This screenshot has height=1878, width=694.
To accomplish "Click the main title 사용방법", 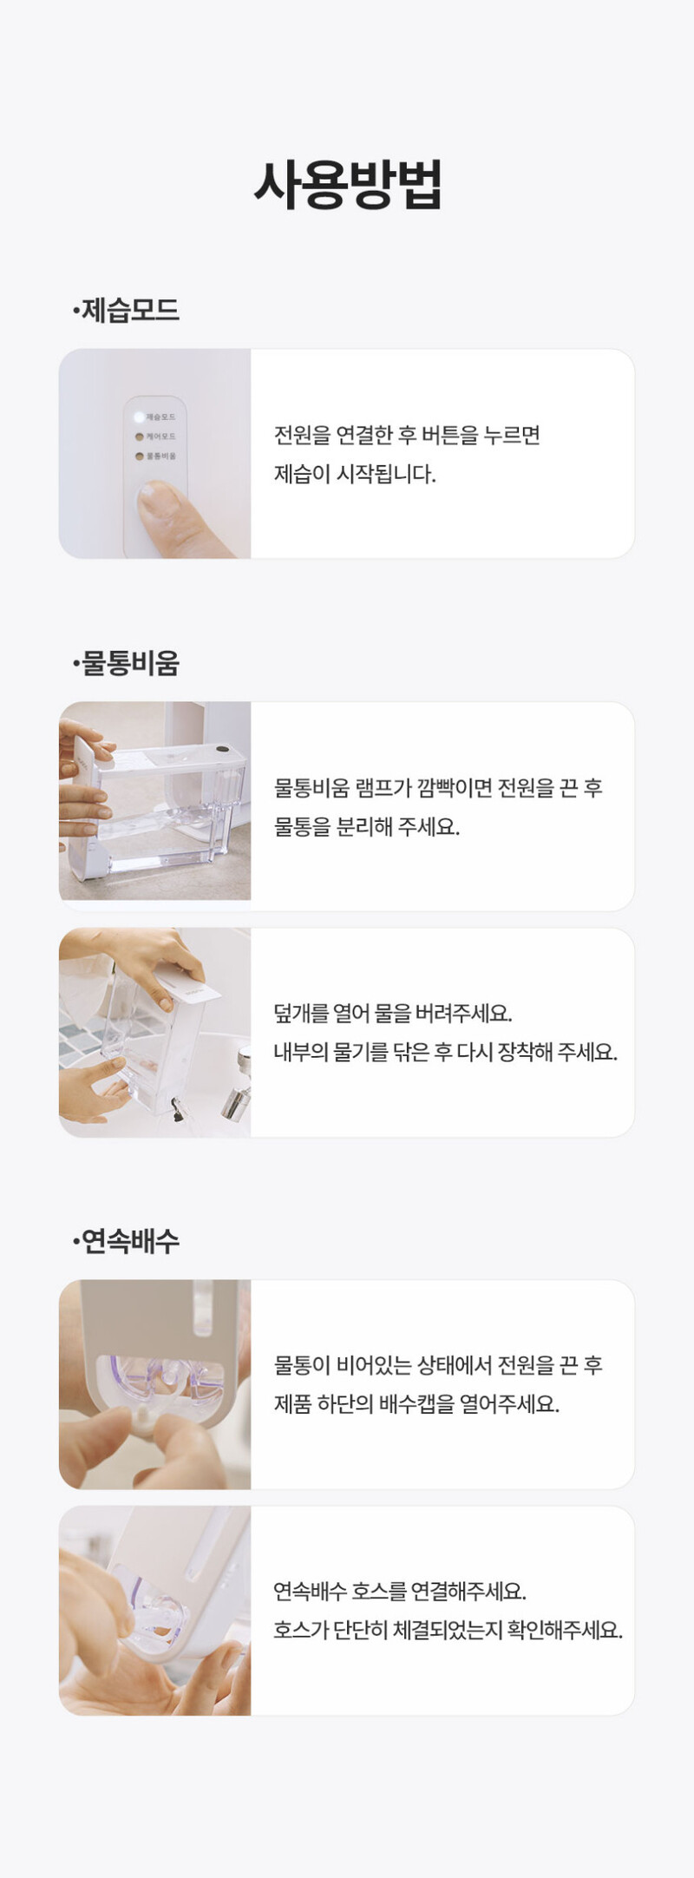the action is [348, 184].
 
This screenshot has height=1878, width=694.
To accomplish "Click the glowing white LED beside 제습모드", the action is [139, 417].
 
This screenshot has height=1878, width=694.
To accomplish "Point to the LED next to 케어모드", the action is [139, 437].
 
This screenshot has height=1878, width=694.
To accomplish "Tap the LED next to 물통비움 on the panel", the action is [139, 456].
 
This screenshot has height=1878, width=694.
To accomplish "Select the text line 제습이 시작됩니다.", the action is [355, 474].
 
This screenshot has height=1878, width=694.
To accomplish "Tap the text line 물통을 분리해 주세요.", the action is [367, 826].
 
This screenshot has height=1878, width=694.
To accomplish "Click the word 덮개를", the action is [301, 1013].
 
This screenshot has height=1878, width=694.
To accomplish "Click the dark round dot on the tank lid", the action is [222, 749].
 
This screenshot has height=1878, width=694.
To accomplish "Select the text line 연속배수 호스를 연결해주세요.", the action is [400, 1591].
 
